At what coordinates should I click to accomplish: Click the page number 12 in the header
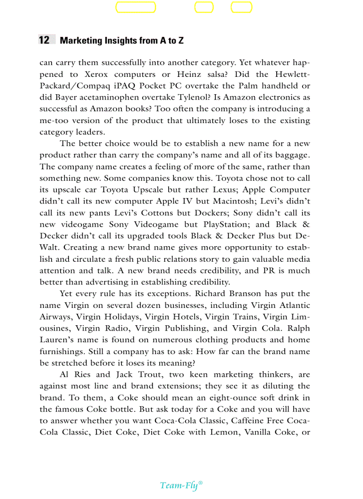click(44, 40)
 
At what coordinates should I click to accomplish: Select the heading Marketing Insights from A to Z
click(121, 40)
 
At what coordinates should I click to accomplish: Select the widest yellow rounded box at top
click(136, 8)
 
